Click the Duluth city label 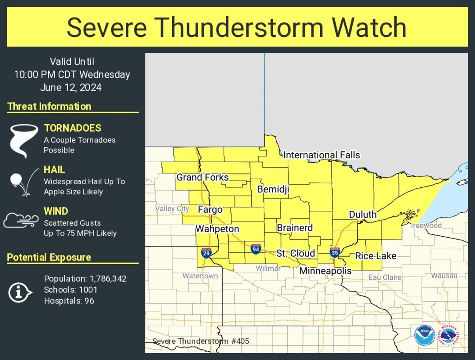[x=363, y=215]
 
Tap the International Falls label [x=321, y=155]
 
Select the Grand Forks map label [x=202, y=177]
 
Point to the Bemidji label [x=273, y=190]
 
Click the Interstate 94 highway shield [x=256, y=249]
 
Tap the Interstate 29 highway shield [x=206, y=253]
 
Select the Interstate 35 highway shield [x=335, y=252]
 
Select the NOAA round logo [x=425, y=336]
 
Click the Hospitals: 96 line [x=69, y=301]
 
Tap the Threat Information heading [x=49, y=107]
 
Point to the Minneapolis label [x=325, y=271]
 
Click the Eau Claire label [x=385, y=278]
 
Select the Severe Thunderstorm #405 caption [x=201, y=341]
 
